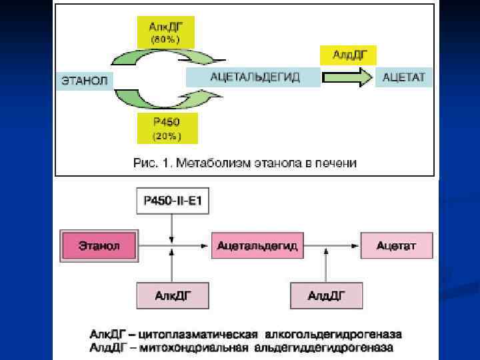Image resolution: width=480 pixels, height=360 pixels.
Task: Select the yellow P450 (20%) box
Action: pos(167,128)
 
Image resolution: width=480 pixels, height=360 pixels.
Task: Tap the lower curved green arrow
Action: pos(160,101)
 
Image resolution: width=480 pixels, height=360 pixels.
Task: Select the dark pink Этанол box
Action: pos(99,246)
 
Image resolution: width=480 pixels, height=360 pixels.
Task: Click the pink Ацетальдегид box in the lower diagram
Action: pos(257,246)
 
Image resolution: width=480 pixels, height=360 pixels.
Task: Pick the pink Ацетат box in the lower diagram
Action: pos(396,246)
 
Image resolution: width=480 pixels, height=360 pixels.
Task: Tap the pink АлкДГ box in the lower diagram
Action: pos(172,295)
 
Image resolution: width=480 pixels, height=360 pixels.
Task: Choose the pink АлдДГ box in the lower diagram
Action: pos(326,295)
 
